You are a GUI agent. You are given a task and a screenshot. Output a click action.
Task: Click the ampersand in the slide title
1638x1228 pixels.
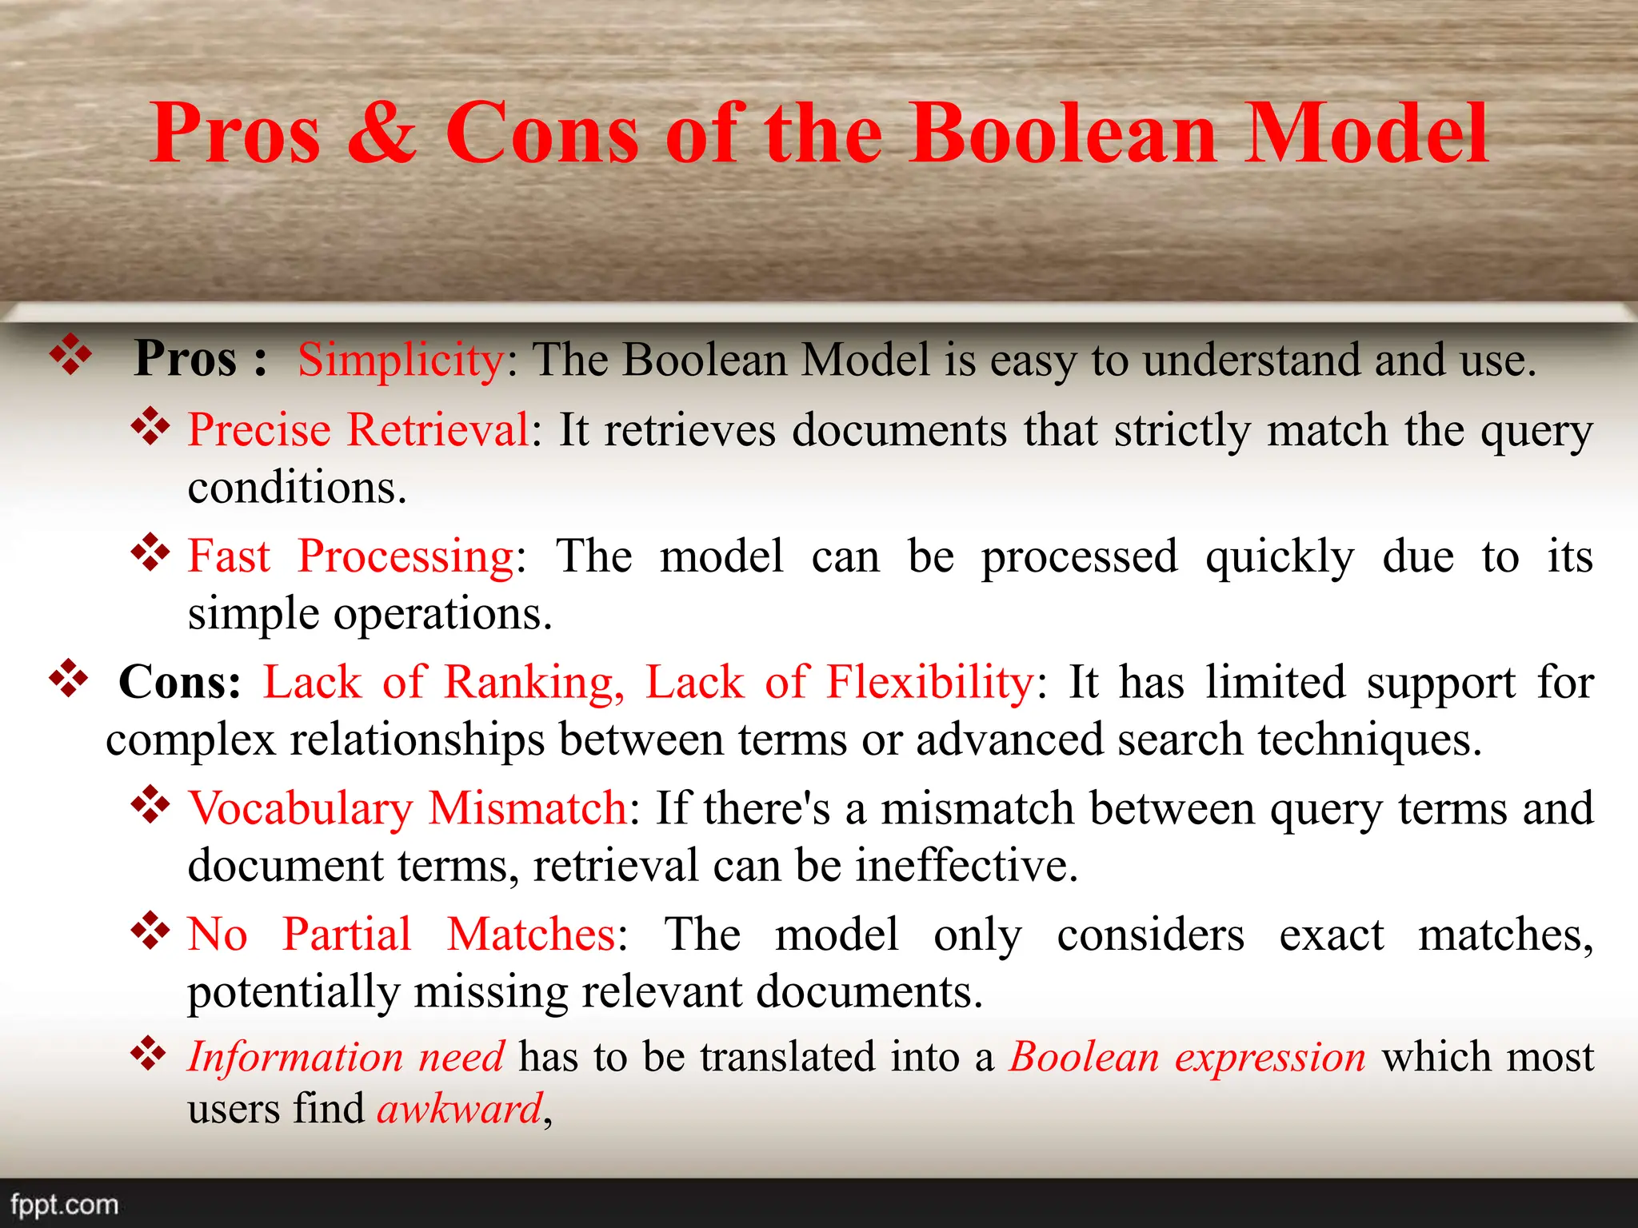point(382,134)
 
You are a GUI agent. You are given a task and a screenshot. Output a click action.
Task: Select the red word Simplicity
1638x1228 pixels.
point(401,360)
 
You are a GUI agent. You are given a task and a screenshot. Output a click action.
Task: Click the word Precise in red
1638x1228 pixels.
point(259,430)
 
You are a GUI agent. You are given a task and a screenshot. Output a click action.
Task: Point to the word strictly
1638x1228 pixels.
point(1182,430)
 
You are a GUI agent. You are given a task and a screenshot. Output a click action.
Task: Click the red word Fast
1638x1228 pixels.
point(229,556)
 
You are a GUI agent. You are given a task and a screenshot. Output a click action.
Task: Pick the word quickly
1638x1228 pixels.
point(1280,557)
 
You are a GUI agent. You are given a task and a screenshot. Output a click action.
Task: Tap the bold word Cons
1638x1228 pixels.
point(179,682)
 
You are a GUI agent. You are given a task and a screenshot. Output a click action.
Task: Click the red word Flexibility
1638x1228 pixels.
point(930,682)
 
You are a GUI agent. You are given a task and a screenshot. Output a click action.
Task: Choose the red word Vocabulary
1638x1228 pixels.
point(300,809)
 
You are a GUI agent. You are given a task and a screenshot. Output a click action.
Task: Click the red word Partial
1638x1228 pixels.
point(347,934)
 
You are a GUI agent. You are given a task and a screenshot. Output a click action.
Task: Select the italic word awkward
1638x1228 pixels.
point(460,1109)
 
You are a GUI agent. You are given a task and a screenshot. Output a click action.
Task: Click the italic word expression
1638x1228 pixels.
point(1270,1058)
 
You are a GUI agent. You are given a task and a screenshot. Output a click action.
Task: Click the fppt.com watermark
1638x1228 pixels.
point(64,1204)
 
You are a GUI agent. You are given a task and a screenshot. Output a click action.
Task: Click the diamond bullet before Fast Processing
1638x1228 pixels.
point(150,553)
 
